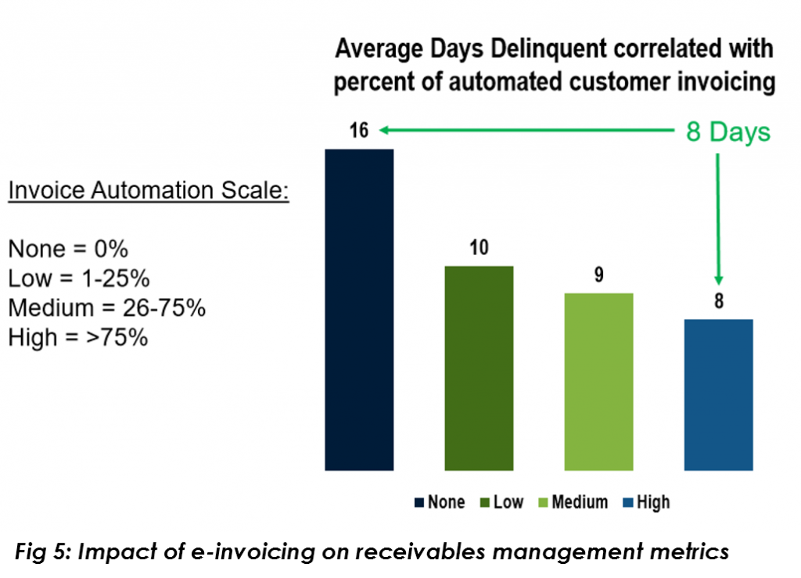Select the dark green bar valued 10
pyautogui.click(x=479, y=368)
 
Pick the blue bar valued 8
pyautogui.click(x=718, y=395)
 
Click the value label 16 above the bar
pyautogui.click(x=359, y=131)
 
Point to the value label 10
pyautogui.click(x=479, y=248)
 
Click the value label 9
pyautogui.click(x=598, y=275)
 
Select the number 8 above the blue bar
pyautogui.click(x=718, y=301)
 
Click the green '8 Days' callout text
pyautogui.click(x=728, y=132)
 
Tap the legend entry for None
pyautogui.click(x=440, y=502)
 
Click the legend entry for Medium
pyautogui.click(x=572, y=502)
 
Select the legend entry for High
pyautogui.click(x=646, y=502)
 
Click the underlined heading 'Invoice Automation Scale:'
pyautogui.click(x=149, y=191)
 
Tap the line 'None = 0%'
pyautogui.click(x=68, y=250)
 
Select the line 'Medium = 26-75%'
pyautogui.click(x=106, y=308)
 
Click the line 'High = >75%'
pyautogui.click(x=78, y=338)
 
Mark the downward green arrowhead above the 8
pyautogui.click(x=718, y=282)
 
